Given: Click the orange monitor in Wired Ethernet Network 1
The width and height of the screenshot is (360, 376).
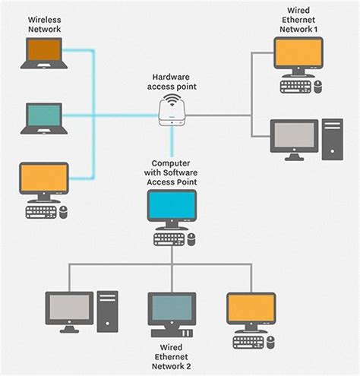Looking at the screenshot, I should tap(298, 55).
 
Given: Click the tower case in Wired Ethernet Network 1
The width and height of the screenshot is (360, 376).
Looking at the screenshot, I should tap(332, 139).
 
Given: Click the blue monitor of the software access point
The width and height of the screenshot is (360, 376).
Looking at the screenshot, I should tap(172, 207).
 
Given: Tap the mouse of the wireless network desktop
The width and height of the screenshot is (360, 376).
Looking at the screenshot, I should tap(64, 213).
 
